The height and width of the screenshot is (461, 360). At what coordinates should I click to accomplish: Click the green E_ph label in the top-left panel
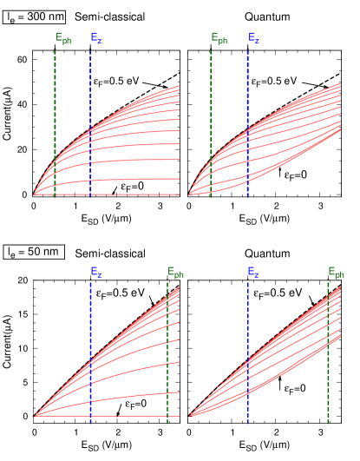pos(63,38)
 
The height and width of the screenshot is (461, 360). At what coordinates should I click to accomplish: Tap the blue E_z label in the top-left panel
pos(95,38)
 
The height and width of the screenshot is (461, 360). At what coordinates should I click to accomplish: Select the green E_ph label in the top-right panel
pos(219,38)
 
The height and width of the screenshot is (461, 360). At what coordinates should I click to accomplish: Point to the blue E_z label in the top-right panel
pos(253,38)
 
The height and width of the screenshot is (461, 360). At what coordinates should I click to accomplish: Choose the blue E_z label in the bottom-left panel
pos(95,272)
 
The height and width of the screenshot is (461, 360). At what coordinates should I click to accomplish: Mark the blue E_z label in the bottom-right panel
pos(252,272)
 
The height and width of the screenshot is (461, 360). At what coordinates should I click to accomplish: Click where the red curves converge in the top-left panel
pos(35,194)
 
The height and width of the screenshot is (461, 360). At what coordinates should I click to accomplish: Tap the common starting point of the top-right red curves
pos(190,194)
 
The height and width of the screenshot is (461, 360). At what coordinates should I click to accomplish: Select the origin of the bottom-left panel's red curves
pos(36,416)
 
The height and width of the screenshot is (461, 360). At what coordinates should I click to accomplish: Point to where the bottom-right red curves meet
pos(191,416)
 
